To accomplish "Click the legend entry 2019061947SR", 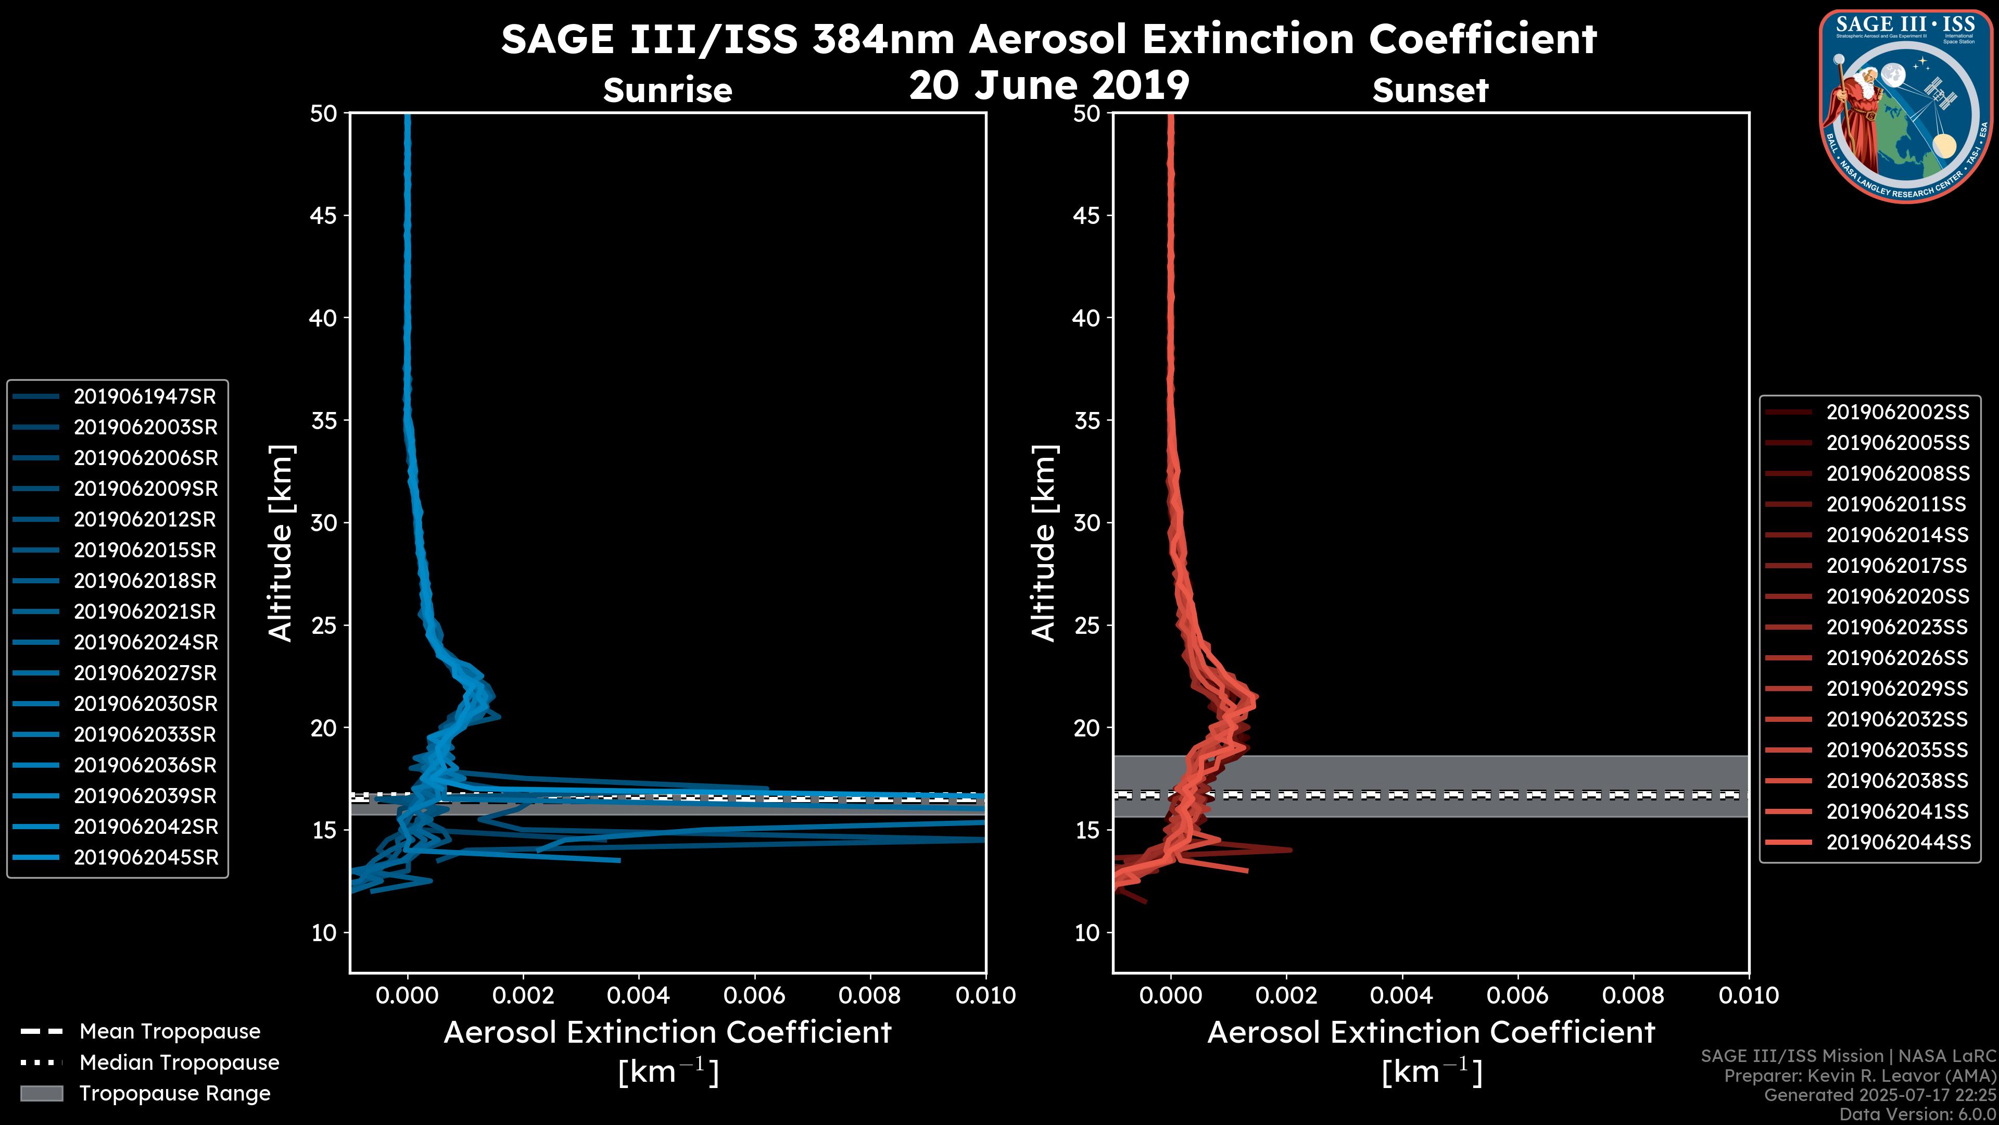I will [x=144, y=397].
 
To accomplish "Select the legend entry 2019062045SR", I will [x=146, y=858].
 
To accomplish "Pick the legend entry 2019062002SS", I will [x=1897, y=413].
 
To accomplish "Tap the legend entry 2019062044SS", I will [x=1897, y=842].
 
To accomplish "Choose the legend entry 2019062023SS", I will [x=1897, y=627].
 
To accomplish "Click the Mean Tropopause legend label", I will [x=170, y=1032].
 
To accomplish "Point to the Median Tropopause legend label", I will [x=179, y=1063].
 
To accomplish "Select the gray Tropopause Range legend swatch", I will [x=41, y=1094].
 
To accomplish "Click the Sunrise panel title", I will [x=667, y=91].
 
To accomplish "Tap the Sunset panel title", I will [x=1430, y=91].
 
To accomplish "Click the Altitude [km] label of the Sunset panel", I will [x=1044, y=543].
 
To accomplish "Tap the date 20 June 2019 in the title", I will [x=1049, y=85].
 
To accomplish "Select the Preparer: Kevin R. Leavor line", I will [x=1860, y=1076].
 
